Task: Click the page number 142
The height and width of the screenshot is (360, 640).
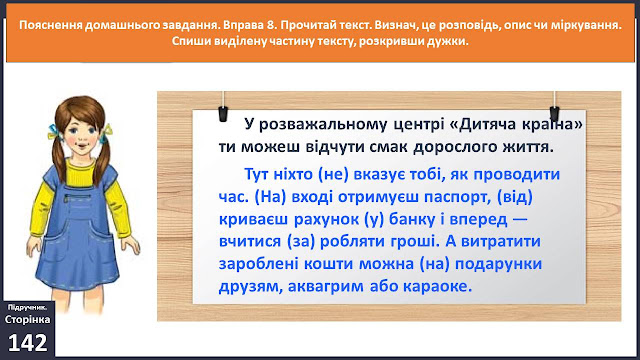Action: click(28, 342)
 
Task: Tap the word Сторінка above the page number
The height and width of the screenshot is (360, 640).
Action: click(27, 319)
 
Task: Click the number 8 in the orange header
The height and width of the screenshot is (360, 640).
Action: click(271, 25)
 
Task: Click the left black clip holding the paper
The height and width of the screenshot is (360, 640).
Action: click(223, 114)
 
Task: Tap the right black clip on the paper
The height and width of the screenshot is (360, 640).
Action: click(554, 114)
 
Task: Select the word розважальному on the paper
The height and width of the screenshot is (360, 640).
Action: click(322, 124)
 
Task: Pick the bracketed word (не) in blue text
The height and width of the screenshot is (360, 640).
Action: click(333, 174)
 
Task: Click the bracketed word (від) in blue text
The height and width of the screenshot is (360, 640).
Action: click(515, 197)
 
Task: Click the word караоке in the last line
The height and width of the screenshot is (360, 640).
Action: click(438, 286)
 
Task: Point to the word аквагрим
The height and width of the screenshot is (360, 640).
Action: click(326, 287)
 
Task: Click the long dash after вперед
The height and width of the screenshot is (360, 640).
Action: click(520, 220)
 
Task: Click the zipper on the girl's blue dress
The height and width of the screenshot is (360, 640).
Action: click(78, 198)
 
